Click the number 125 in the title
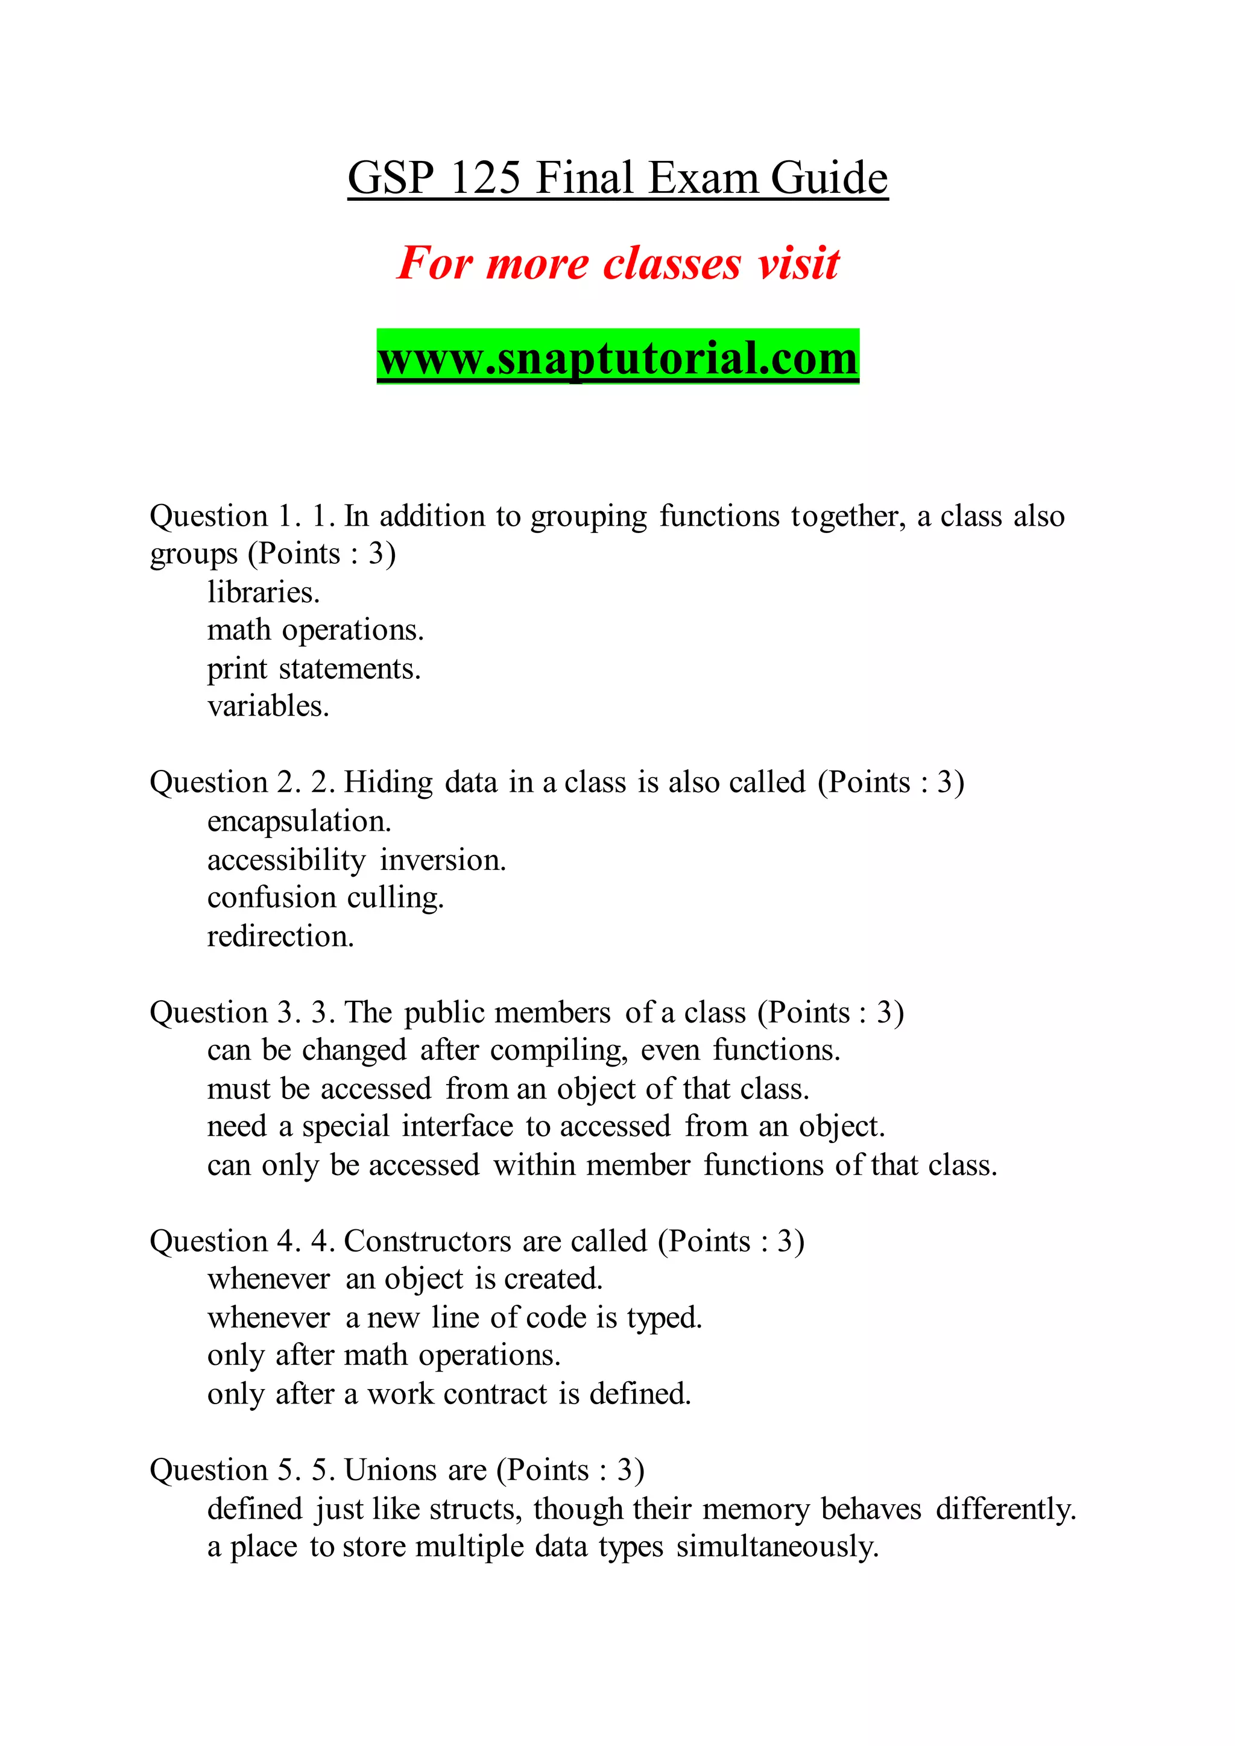pyautogui.click(x=485, y=178)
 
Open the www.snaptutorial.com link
pyautogui.click(x=617, y=358)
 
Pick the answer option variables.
pyautogui.click(x=268, y=706)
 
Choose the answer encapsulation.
pyautogui.click(x=299, y=821)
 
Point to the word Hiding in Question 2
pyautogui.click(x=388, y=783)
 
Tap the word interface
pyautogui.click(x=457, y=1126)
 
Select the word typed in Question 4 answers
pyautogui.click(x=664, y=1318)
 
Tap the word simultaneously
pyautogui.click(x=777, y=1547)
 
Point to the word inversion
pyautogui.click(x=443, y=860)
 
